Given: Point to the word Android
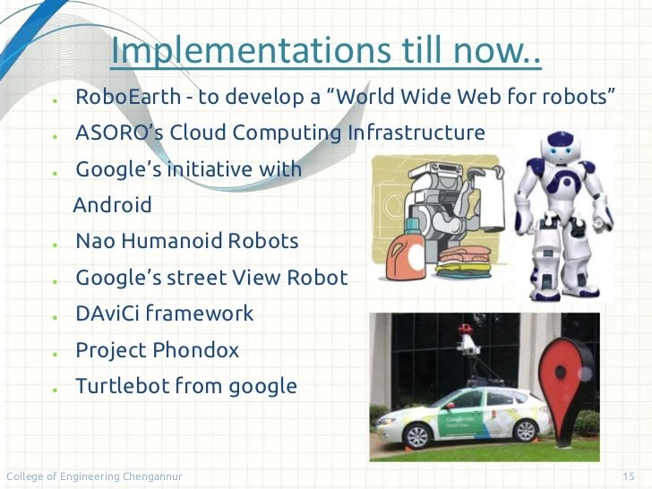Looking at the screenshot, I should pyautogui.click(x=112, y=205).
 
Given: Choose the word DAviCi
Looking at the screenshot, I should pyautogui.click(x=107, y=313).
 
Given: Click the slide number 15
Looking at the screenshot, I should pyautogui.click(x=628, y=476).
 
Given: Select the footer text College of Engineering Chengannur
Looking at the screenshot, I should pyautogui.click(x=94, y=476).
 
